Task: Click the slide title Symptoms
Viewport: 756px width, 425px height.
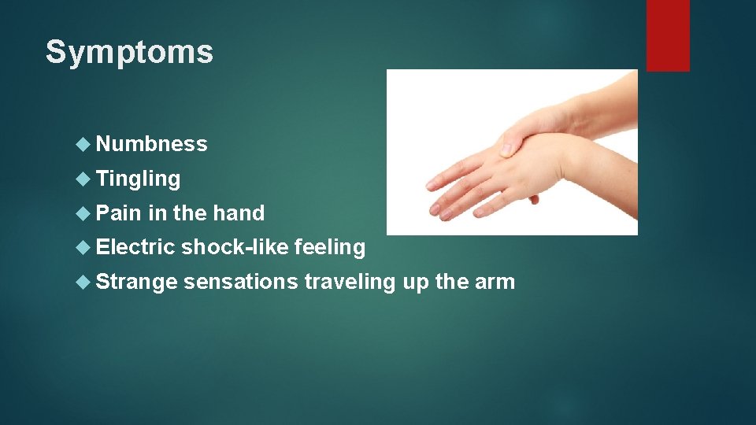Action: pos(129,53)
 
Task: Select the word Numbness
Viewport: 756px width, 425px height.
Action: pos(152,144)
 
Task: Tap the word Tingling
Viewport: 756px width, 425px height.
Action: pos(139,179)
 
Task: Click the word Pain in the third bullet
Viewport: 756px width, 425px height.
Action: pos(118,213)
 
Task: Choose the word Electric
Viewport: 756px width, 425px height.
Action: pos(135,248)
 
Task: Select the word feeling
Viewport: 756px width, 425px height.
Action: pos(329,248)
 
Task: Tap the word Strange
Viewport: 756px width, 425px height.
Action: pos(136,282)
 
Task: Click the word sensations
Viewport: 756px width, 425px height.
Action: pos(240,282)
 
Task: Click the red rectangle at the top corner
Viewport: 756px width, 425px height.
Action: pos(668,35)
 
